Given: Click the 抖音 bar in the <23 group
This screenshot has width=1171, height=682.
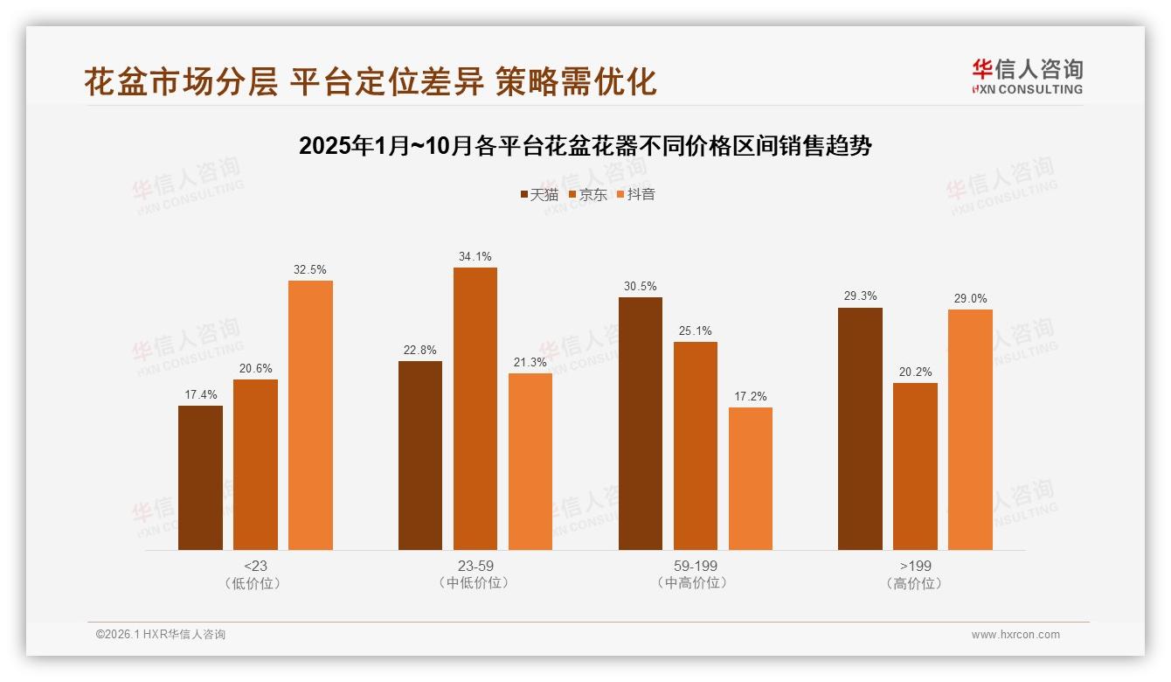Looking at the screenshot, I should click(310, 415).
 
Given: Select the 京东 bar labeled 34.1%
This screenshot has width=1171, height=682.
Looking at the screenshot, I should click(475, 408).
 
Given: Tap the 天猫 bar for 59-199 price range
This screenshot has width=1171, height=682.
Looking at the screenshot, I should click(641, 423).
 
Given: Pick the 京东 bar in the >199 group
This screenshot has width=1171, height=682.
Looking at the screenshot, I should click(915, 466).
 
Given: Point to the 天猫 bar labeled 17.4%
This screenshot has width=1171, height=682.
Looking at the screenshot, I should click(200, 477).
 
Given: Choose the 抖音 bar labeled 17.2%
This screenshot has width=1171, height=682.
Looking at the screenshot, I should click(751, 478).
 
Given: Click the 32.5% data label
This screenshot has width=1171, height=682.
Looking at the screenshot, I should click(310, 270).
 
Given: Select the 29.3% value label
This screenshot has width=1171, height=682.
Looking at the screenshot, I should click(860, 296).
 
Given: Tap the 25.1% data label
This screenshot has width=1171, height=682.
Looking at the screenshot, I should click(695, 331).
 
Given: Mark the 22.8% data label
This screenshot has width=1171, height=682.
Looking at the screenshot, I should click(420, 351).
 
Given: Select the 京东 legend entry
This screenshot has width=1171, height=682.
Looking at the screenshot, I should click(587, 195).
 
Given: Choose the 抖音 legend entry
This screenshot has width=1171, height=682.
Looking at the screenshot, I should click(635, 195).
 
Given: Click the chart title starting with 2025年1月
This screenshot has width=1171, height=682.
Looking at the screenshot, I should click(585, 146).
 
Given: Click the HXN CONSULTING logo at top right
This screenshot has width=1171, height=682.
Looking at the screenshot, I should click(1027, 76).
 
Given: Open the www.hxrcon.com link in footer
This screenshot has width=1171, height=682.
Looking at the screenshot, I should click(1015, 635).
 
